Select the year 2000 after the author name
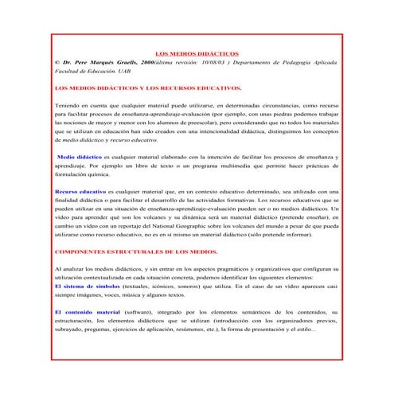click(x=150, y=60)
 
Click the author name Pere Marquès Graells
click(x=111, y=60)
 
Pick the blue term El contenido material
click(x=87, y=310)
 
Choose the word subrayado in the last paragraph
click(x=72, y=329)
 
